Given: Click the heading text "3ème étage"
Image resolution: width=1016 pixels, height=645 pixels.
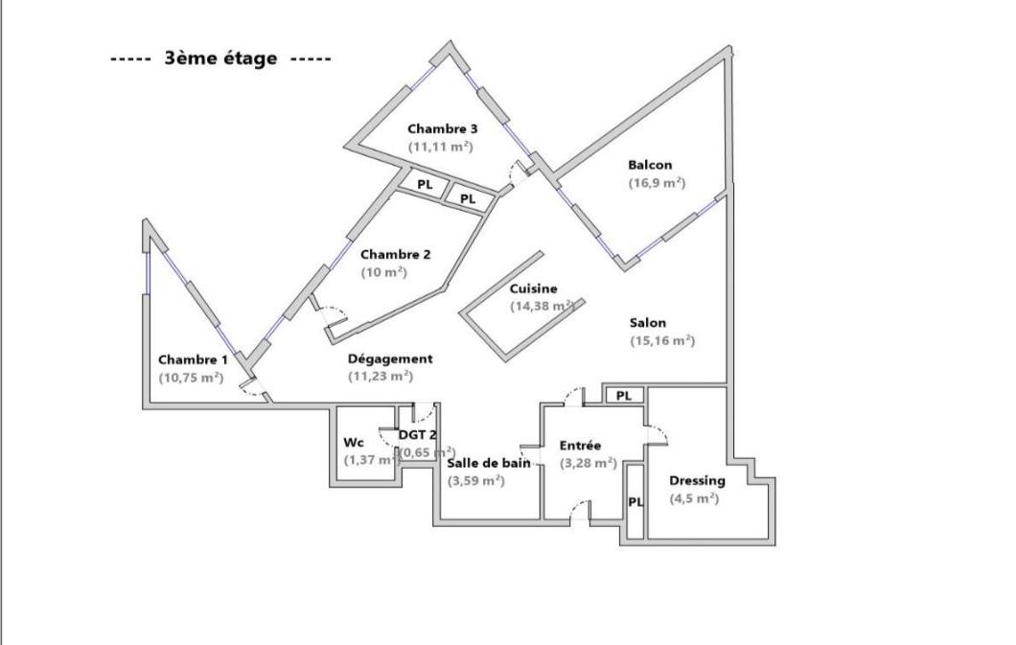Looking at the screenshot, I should click(x=220, y=58).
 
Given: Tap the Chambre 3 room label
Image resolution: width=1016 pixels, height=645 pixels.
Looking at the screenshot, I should click(x=442, y=128).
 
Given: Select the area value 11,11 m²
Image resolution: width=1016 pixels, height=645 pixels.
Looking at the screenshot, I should click(x=441, y=147).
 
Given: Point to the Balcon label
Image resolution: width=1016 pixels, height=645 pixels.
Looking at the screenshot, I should click(x=650, y=165).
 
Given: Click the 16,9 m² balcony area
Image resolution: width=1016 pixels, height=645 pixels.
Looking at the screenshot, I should click(x=657, y=182).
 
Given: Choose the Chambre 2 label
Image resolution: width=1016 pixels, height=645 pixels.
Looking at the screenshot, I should click(x=395, y=255).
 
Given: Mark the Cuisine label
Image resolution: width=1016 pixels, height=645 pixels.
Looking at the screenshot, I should click(x=533, y=288).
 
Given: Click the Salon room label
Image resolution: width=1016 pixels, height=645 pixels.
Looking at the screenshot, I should click(x=648, y=323).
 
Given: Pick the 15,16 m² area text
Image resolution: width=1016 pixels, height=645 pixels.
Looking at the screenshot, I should click(x=661, y=340).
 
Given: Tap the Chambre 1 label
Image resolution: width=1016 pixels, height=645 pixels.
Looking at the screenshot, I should click(x=193, y=359).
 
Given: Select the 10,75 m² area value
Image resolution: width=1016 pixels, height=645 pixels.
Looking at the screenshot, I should click(x=191, y=378).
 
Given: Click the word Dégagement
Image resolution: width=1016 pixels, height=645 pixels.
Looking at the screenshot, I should click(x=390, y=358).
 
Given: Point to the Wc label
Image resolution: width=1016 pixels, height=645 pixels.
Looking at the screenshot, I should click(x=353, y=443).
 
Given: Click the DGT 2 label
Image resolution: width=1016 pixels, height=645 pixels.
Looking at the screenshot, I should click(x=418, y=434).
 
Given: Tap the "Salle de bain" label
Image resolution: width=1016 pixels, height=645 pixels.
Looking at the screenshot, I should click(x=489, y=463).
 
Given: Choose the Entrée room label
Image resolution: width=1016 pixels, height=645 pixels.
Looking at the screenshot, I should click(x=580, y=446).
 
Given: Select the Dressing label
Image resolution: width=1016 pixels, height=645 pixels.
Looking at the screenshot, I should click(x=697, y=480).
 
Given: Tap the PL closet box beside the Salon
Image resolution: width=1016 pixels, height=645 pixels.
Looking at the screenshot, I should click(x=623, y=395).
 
